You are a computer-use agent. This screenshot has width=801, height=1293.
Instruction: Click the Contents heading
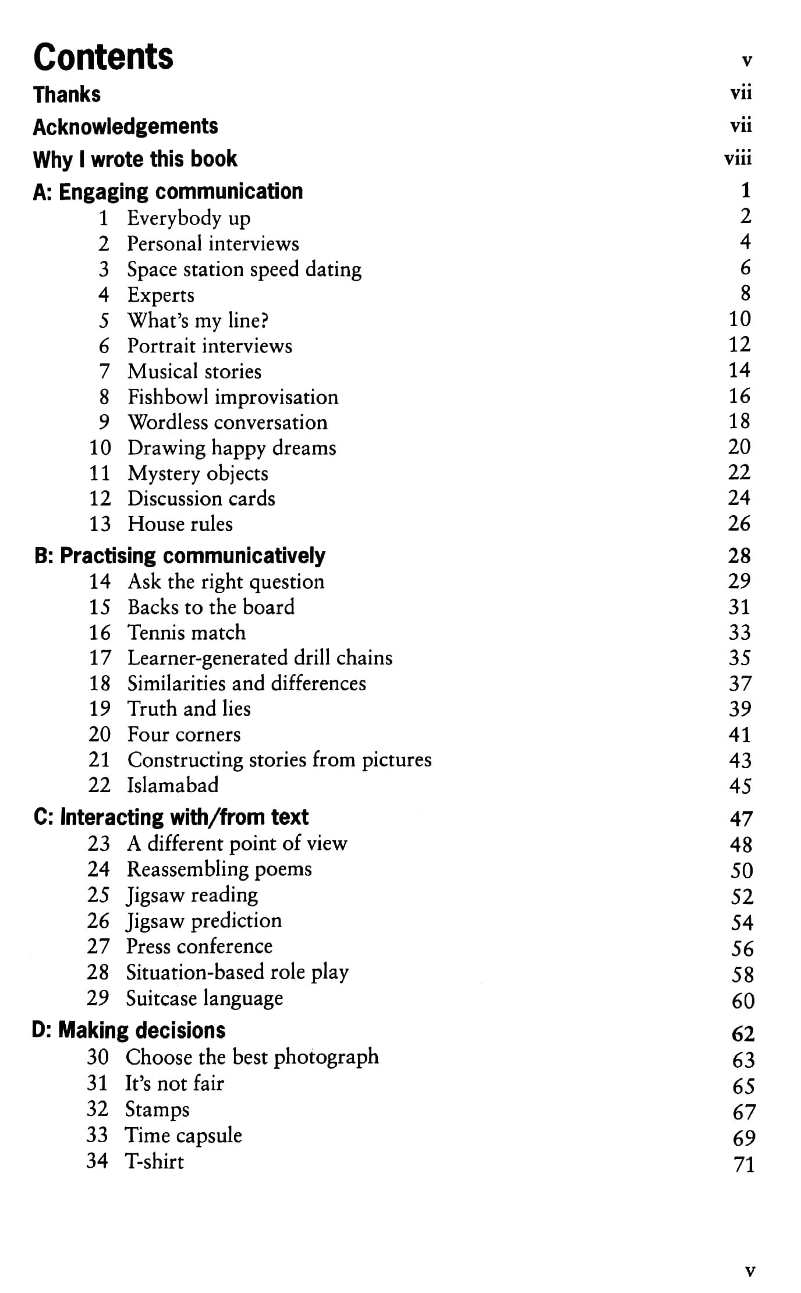[x=103, y=57]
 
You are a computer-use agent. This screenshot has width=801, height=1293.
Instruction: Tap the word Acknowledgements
[x=125, y=126]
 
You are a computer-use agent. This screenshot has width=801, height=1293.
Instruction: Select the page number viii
[x=738, y=158]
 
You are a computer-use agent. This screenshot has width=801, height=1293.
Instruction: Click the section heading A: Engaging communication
[x=168, y=192]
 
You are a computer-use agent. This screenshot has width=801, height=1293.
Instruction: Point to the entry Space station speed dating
[x=244, y=270]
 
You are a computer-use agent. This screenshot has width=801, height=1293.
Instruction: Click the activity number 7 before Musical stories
[x=104, y=372]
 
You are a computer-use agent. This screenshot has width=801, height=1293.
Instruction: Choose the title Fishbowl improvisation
[x=233, y=397]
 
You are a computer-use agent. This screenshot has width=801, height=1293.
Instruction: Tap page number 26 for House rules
[x=739, y=524]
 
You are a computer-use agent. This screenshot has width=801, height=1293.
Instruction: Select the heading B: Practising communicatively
[x=179, y=556]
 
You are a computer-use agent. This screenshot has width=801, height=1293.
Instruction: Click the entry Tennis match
[x=186, y=633]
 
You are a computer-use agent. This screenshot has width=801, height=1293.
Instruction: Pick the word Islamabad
[x=173, y=785]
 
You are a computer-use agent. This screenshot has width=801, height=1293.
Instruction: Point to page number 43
[x=740, y=760]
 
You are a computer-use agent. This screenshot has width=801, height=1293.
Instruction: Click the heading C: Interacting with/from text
[x=171, y=817]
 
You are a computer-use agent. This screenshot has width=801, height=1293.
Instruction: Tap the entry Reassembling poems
[x=219, y=869]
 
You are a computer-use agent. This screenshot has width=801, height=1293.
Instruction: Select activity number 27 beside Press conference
[x=98, y=946]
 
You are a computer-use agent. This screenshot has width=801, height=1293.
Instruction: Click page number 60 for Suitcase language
[x=743, y=1001]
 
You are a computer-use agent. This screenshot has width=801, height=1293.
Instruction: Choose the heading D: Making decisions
[x=128, y=1030]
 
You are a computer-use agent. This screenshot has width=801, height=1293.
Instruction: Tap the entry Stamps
[x=157, y=1109]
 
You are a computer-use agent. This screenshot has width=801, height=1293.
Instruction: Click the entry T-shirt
[x=154, y=1161]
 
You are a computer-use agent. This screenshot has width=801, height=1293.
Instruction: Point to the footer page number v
[x=750, y=1270]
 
